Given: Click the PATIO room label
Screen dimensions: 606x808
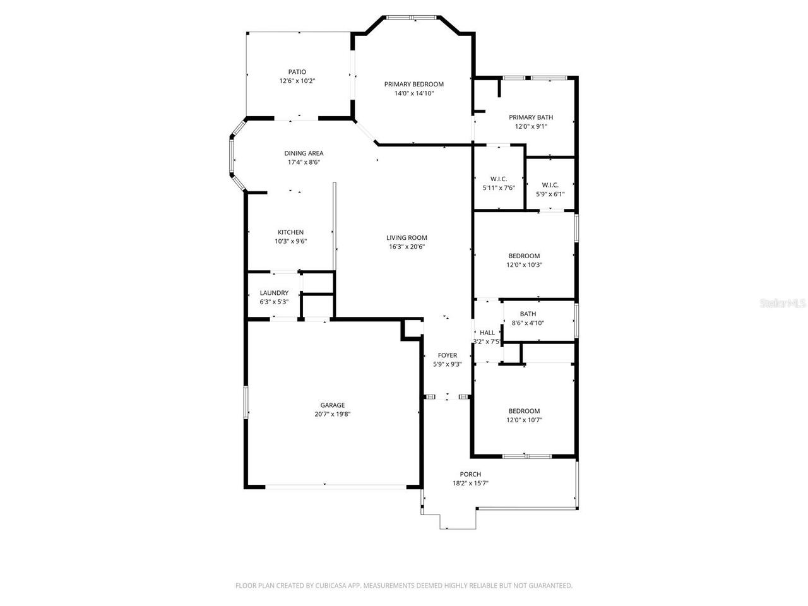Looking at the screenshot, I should click(x=297, y=72).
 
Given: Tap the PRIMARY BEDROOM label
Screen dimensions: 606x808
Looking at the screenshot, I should click(x=414, y=84).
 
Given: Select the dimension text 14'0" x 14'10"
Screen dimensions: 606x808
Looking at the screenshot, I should click(x=414, y=93).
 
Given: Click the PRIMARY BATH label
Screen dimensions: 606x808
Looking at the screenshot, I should click(x=531, y=117).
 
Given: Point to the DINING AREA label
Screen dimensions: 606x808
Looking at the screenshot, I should click(x=304, y=153).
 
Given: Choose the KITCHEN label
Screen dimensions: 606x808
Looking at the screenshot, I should click(x=290, y=232).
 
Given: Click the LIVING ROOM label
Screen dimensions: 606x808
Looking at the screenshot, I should click(x=407, y=238).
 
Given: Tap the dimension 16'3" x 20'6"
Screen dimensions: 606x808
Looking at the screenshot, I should click(x=407, y=247).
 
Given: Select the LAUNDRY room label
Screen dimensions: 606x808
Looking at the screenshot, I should click(x=274, y=293).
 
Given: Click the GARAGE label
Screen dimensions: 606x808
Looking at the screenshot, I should click(x=332, y=405).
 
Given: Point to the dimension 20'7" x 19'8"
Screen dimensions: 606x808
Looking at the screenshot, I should click(x=332, y=414).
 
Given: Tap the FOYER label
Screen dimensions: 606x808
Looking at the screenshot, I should click(x=447, y=355).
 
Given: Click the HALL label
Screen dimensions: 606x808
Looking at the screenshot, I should click(x=487, y=333).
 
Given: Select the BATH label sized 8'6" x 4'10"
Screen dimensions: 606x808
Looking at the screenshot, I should click(x=528, y=314).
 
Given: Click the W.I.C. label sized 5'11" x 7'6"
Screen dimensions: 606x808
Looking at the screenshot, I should click(x=499, y=179).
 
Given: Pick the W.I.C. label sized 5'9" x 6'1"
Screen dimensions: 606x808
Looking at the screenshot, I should click(x=550, y=185).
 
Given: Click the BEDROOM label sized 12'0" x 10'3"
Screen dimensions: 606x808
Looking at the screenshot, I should click(x=524, y=256).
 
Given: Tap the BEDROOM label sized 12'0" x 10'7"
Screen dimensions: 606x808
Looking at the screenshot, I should click(x=524, y=411).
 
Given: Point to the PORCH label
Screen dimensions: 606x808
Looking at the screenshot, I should click(x=470, y=474).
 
